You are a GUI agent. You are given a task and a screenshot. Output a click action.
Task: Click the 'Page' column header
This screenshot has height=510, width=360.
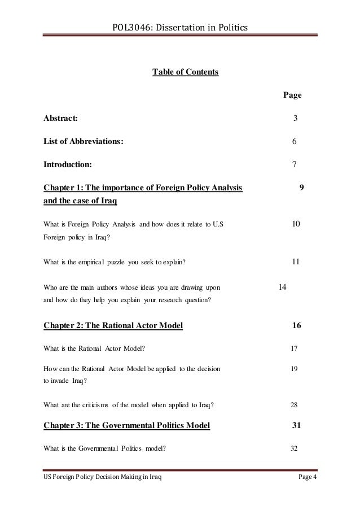pyautogui.click(x=292, y=95)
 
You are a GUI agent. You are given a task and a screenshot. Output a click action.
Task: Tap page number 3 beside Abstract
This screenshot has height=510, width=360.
pyautogui.click(x=295, y=119)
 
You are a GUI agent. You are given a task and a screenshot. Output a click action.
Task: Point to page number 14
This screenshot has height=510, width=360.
pyautogui.click(x=283, y=287)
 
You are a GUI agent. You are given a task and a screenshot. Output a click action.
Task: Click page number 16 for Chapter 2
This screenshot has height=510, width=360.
pyautogui.click(x=296, y=325)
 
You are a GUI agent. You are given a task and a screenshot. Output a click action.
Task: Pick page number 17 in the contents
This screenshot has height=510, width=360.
pyautogui.click(x=294, y=349)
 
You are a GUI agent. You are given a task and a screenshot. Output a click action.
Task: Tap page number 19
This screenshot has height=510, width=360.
pyautogui.click(x=294, y=369)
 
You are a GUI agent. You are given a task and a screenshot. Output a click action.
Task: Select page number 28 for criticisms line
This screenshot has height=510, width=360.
pyautogui.click(x=294, y=405)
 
